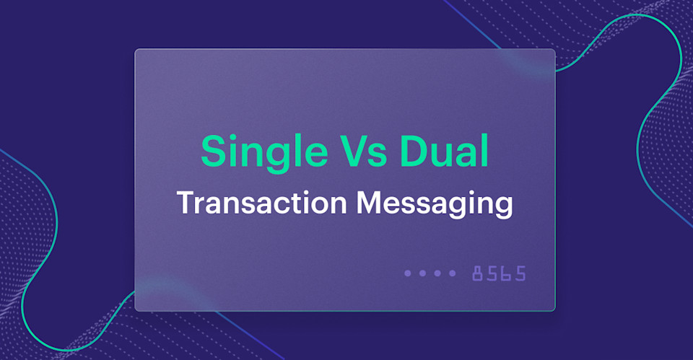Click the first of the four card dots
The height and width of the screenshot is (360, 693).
tap(408, 273)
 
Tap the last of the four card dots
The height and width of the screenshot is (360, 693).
tap(453, 273)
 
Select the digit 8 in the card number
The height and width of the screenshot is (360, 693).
tap(479, 273)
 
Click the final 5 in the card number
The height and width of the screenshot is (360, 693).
tap(520, 273)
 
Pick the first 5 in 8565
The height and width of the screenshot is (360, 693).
tap(492, 273)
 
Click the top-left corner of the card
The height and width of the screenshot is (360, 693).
tap(136, 51)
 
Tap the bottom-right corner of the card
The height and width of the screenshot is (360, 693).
tap(554, 309)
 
